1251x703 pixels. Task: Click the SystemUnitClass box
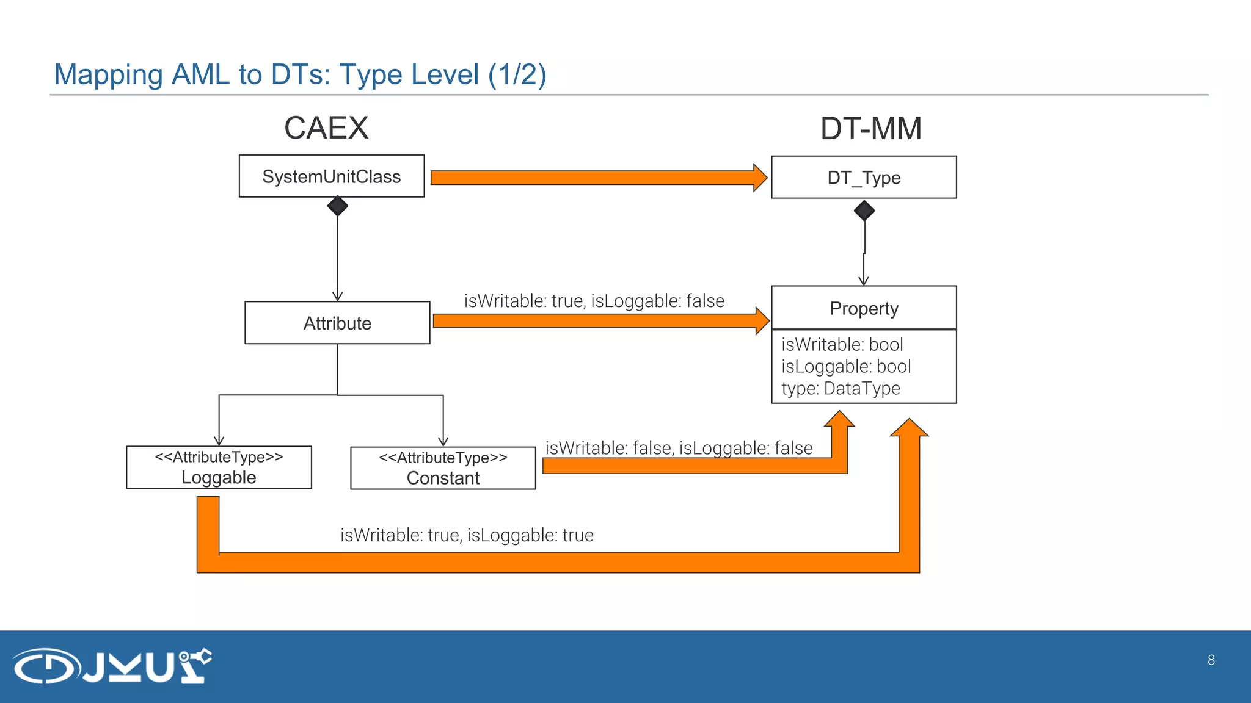[331, 176]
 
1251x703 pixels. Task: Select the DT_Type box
[864, 178]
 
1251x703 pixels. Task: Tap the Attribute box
[337, 323]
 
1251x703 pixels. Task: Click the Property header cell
[864, 308]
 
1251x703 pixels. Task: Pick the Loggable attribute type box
[219, 467]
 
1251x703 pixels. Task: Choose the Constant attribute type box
[443, 468]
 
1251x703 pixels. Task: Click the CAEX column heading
[326, 128]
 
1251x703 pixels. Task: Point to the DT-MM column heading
[870, 129]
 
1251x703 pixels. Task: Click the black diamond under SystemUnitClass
[337, 206]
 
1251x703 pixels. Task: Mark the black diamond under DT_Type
[864, 211]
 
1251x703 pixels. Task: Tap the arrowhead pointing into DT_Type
[759, 178]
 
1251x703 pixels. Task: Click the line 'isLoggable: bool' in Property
[846, 366]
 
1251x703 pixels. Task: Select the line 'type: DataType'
[841, 388]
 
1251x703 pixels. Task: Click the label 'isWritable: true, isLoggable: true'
[467, 535]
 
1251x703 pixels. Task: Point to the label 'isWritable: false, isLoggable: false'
[679, 448]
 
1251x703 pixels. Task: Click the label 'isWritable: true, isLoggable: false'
[594, 301]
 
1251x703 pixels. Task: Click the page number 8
[1211, 660]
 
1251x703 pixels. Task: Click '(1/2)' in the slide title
[517, 75]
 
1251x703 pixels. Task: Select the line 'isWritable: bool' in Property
[842, 344]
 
